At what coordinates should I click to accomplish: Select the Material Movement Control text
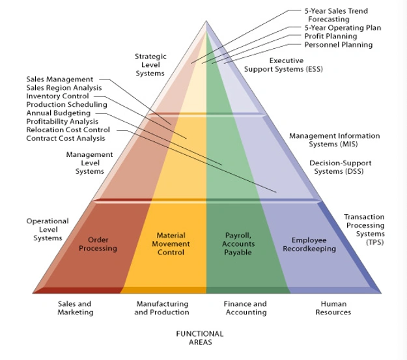point(171,243)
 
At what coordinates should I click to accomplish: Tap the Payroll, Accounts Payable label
point(238,243)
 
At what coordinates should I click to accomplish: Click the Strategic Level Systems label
point(150,65)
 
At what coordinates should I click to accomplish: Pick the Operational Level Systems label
point(48,229)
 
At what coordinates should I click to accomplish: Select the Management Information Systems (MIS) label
point(334,139)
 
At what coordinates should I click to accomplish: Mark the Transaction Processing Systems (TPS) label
point(364,229)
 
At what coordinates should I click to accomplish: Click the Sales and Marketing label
point(75,308)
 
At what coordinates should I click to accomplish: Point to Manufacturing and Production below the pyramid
point(161,308)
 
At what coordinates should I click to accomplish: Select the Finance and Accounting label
point(245,308)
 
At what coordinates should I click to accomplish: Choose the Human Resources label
point(333,308)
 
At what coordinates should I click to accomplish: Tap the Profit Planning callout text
point(331,36)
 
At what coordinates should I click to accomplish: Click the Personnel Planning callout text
point(339,45)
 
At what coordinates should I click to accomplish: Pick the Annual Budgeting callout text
point(58,113)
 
